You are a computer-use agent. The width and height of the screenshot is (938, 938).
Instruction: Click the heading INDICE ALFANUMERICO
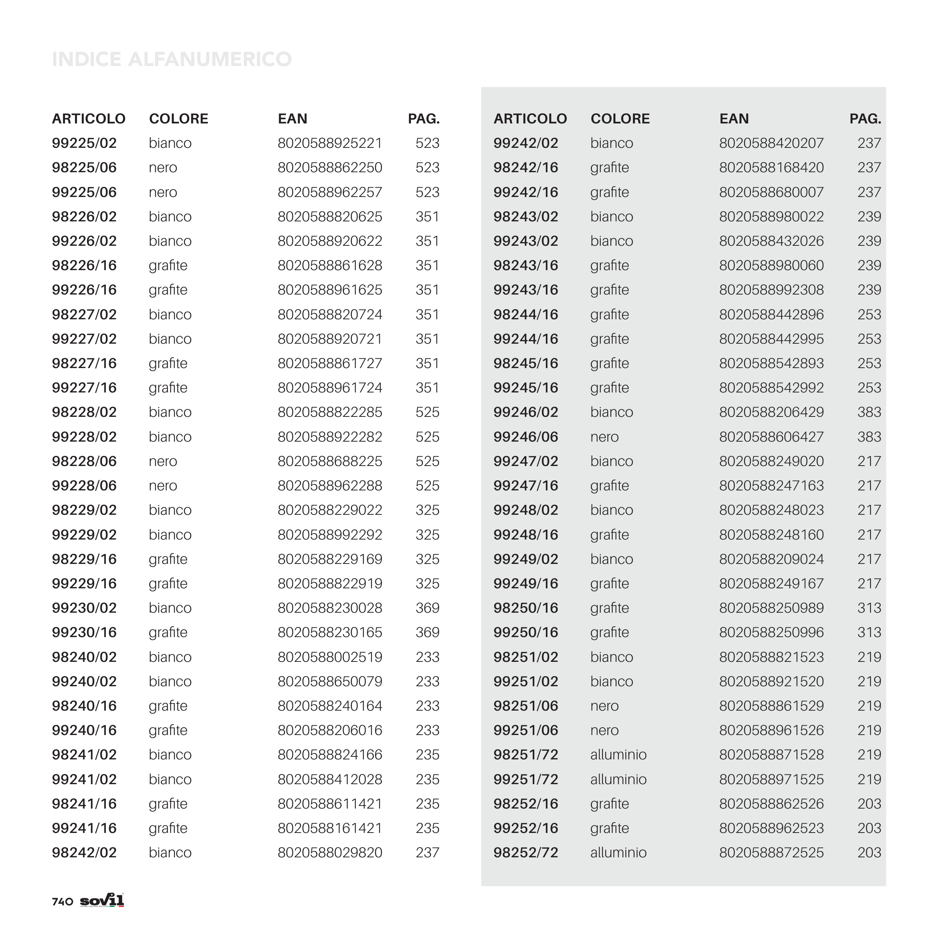(171, 59)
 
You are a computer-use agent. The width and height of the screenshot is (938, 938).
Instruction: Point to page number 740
(62, 902)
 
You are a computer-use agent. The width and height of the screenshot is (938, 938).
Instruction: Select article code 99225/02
(84, 143)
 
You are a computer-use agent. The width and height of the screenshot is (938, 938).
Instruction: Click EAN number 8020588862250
(330, 167)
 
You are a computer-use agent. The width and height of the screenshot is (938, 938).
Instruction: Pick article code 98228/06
(84, 461)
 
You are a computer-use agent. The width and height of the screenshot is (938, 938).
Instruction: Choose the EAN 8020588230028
(330, 608)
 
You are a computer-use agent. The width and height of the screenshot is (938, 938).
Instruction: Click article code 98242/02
(84, 852)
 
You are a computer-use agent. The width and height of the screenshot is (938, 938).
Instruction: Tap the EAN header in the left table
(292, 119)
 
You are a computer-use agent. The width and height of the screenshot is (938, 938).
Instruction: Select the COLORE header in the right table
(620, 119)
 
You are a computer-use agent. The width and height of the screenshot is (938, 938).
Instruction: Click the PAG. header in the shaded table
(865, 119)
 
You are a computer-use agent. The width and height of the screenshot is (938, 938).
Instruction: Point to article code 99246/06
(525, 437)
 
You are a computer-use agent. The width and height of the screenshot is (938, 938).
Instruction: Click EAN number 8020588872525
(771, 852)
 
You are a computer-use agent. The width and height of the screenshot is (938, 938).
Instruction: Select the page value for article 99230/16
(427, 632)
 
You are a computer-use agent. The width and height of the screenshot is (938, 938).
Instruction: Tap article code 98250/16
(525, 608)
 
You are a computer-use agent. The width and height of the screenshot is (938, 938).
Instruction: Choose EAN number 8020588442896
(771, 315)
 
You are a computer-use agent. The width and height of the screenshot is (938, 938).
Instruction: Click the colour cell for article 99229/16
(168, 583)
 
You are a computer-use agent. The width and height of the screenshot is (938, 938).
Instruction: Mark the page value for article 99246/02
(869, 412)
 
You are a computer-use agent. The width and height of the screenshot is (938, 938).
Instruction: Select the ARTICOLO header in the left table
(89, 119)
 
